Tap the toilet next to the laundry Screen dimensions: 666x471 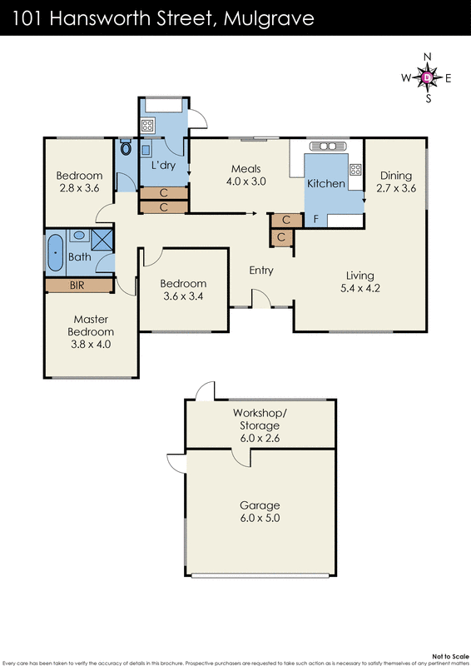126,149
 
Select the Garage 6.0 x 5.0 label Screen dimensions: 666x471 260,511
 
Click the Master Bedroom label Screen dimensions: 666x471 92,331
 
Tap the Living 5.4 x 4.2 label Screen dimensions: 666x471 360,282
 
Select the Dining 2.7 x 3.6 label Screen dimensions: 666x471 395,181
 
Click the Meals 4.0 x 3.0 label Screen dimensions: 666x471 248,175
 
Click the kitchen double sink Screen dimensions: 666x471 332,147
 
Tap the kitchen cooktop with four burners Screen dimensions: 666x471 355,170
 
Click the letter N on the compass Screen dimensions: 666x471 428,57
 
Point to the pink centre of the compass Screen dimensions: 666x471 428,77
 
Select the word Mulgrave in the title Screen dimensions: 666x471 270,18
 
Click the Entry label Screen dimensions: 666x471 261,271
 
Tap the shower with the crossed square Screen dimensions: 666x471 102,241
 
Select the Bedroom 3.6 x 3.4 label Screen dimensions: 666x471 183,289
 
